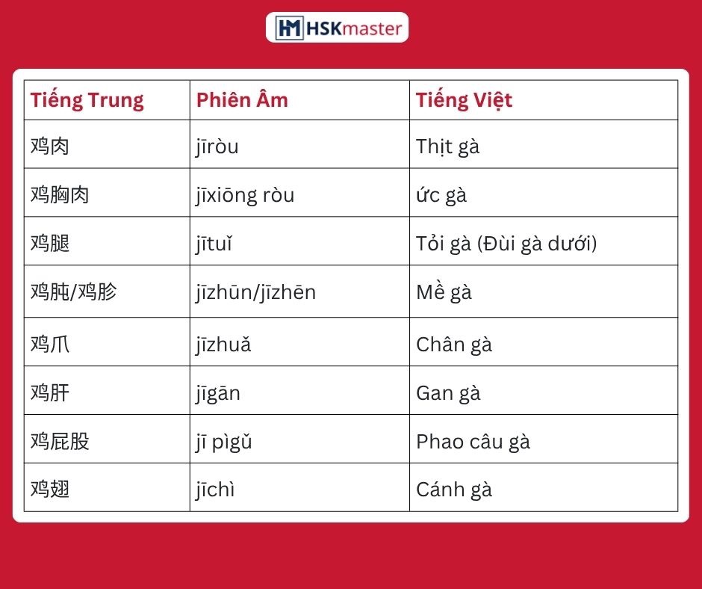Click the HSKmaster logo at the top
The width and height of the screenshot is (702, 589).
point(337,28)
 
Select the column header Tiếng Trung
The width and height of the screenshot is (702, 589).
point(87,100)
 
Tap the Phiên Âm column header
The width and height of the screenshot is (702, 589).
point(242,100)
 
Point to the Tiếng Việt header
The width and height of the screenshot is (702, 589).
point(464,100)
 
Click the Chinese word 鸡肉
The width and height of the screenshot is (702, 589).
point(50,147)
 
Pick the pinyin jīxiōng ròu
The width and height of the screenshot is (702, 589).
point(245,195)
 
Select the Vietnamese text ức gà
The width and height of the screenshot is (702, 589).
point(441,195)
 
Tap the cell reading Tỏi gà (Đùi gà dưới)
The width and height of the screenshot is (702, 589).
point(506,244)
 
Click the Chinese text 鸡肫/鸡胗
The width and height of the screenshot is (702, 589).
point(73,292)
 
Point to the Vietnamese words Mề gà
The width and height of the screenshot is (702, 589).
point(444,292)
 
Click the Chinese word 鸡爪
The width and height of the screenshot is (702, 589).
point(50,345)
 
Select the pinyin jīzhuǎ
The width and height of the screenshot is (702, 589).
point(223,345)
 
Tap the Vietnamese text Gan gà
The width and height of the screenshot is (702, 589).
point(448,394)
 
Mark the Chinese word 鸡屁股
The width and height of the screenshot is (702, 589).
point(60,442)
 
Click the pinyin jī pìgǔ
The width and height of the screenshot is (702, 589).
point(224,442)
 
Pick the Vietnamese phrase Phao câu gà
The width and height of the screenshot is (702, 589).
point(473,442)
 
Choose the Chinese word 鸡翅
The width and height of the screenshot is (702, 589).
point(50,490)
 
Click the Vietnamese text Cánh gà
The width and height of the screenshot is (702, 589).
point(454,490)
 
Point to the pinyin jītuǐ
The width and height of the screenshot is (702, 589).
point(214,244)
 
